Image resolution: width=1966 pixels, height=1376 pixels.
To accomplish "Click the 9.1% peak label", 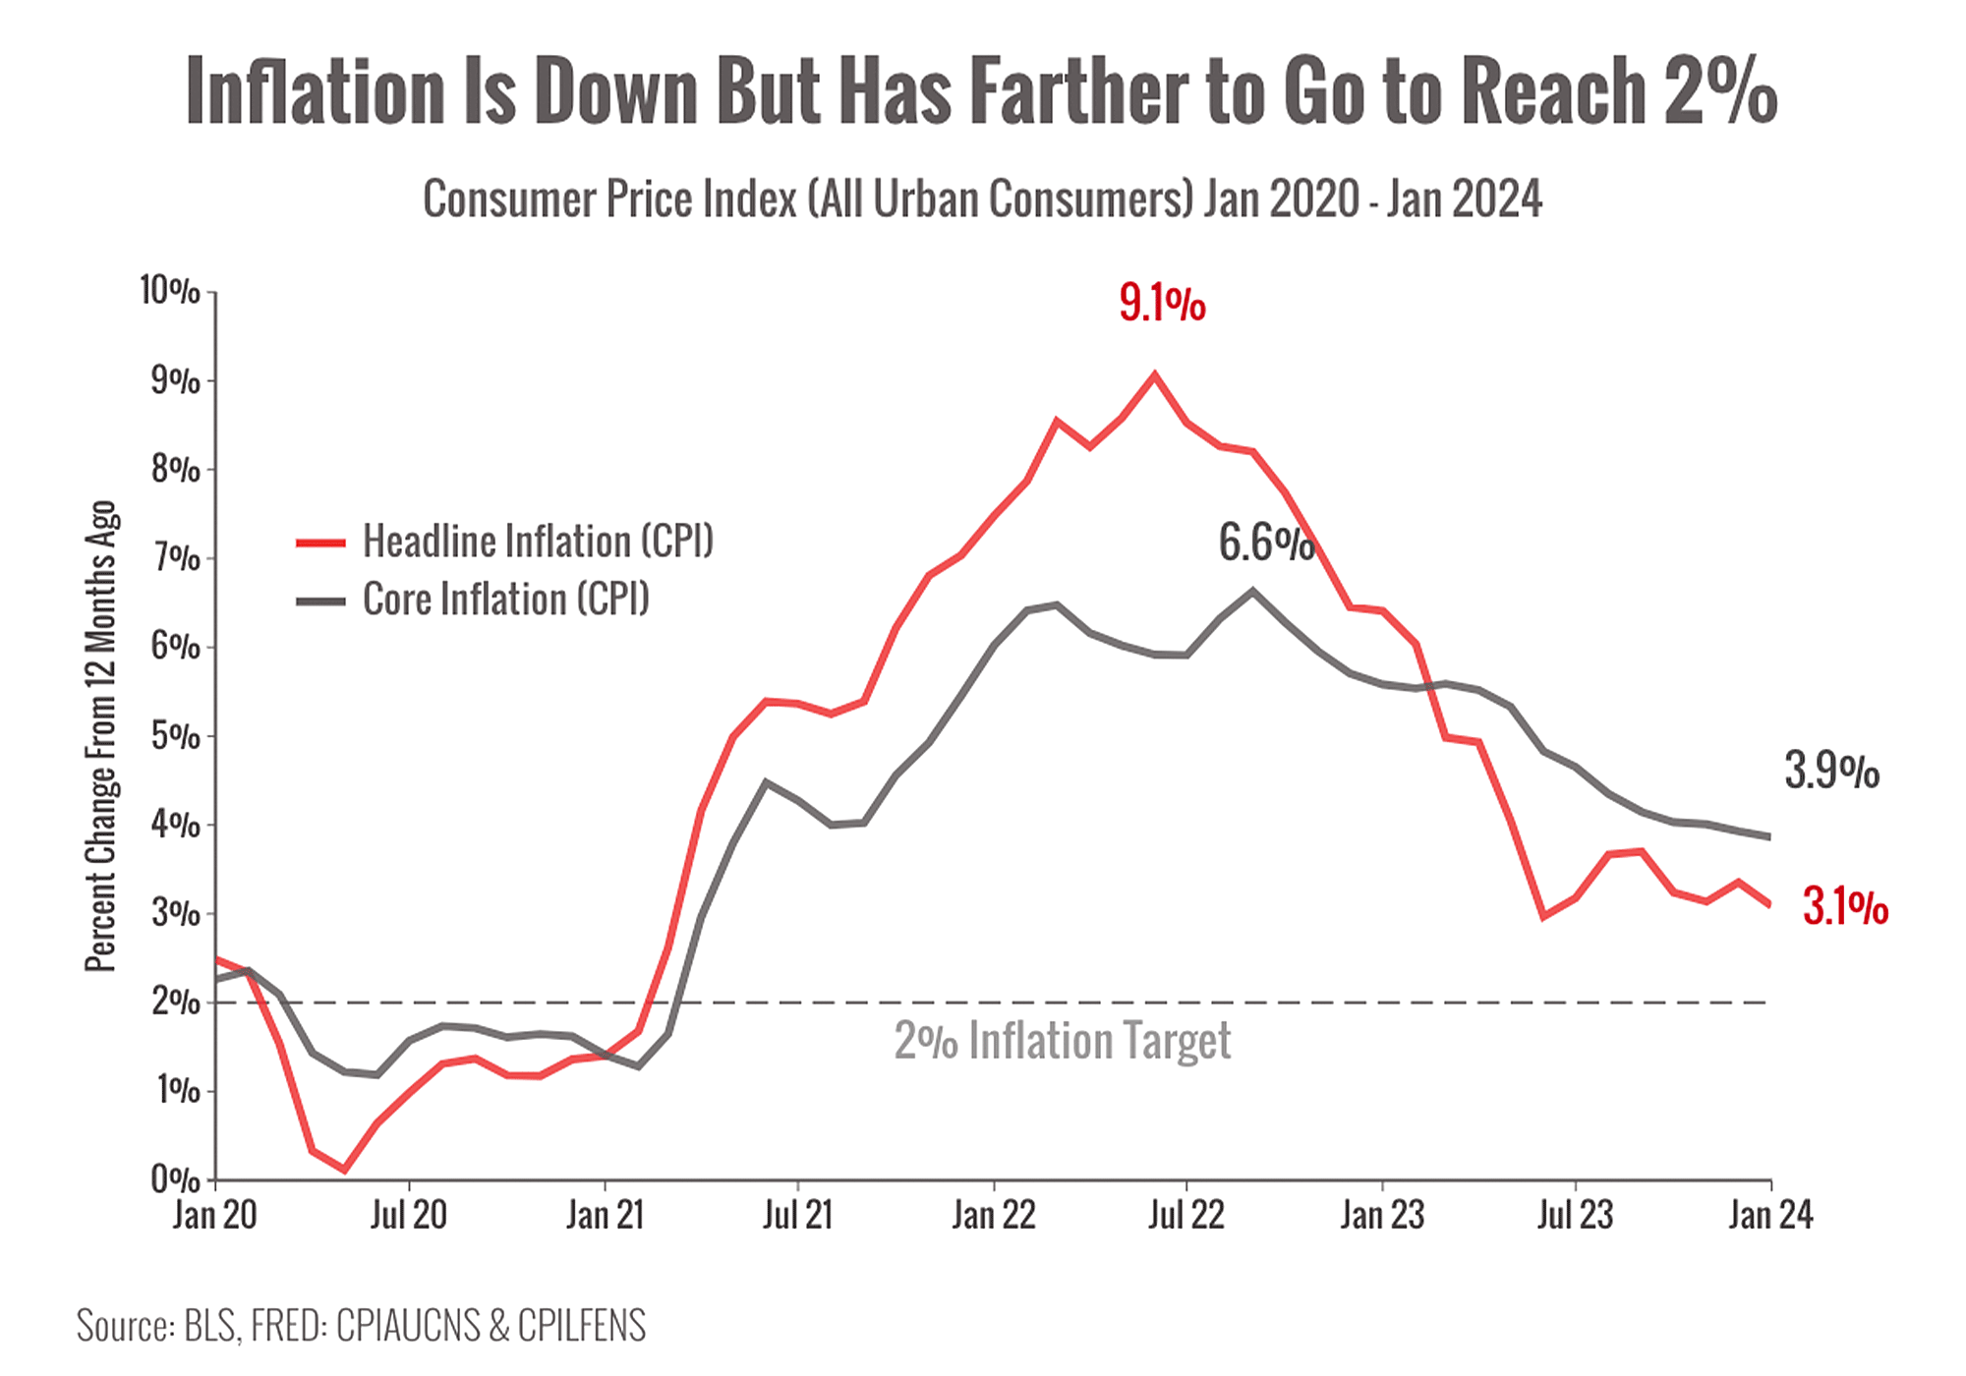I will click(x=1162, y=303).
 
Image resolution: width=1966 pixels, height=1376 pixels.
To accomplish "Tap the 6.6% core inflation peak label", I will click(x=1266, y=544).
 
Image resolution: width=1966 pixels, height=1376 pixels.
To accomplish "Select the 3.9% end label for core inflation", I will click(x=1831, y=771).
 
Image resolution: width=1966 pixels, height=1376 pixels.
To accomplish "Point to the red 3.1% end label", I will click(x=1845, y=906).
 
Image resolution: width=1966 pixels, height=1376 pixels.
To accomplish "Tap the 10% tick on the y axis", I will click(x=171, y=291).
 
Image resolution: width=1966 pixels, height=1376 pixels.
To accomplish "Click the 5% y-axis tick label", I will click(x=176, y=735).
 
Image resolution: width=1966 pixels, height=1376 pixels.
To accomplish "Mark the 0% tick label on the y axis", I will click(x=176, y=1178).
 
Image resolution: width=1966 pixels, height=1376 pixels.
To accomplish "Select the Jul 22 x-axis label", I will click(x=1186, y=1216).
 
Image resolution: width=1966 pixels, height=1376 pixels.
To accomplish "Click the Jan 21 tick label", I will click(x=605, y=1216).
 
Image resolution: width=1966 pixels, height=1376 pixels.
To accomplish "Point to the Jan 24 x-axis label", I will click(x=1770, y=1216).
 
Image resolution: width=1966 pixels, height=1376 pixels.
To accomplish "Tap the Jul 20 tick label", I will click(x=408, y=1216).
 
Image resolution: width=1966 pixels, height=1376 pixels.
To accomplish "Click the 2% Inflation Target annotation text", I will click(x=1062, y=1041).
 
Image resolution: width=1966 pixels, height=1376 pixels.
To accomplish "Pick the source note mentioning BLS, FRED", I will click(x=362, y=1325).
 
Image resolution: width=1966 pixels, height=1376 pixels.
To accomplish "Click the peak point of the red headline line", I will click(x=1155, y=373).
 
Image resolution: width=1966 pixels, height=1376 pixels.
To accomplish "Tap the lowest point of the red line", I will click(x=344, y=1170).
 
